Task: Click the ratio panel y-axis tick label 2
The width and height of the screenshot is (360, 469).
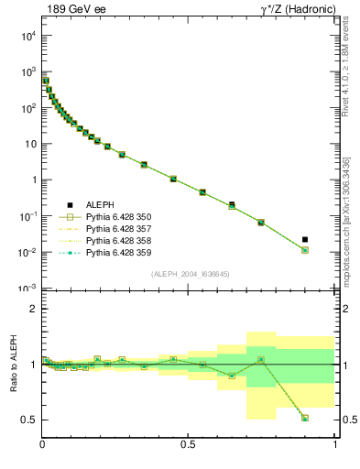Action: click(x=33, y=310)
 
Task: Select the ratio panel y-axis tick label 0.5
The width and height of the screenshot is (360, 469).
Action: click(x=28, y=420)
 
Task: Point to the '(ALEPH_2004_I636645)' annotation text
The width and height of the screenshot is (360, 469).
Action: click(x=190, y=274)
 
